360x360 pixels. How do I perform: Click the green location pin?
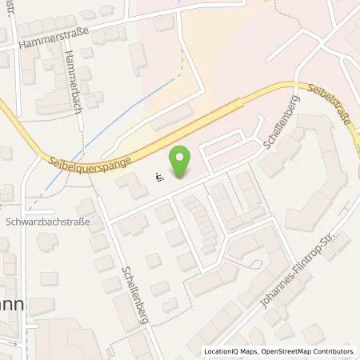tap(181, 161)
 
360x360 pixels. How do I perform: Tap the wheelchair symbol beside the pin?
tap(160, 178)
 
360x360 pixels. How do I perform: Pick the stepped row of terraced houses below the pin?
tap(201, 220)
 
